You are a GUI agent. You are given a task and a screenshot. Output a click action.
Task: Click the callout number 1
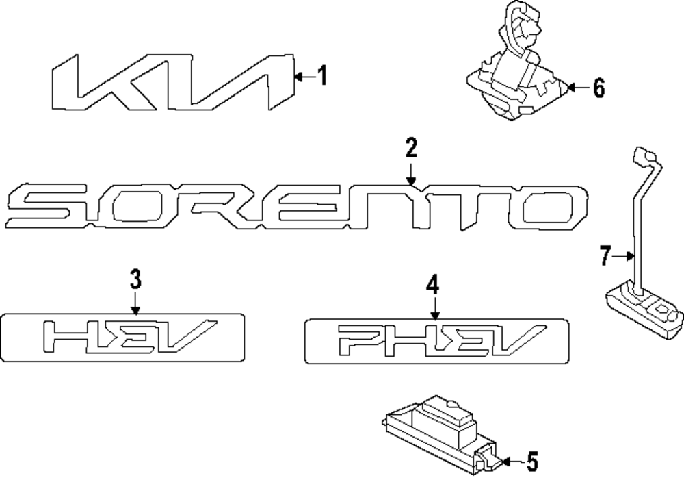click(x=321, y=76)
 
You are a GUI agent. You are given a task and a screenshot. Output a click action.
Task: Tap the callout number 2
click(x=410, y=147)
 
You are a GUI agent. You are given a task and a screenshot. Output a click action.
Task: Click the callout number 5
click(x=532, y=463)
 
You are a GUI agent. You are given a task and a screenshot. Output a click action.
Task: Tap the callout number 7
click(x=604, y=257)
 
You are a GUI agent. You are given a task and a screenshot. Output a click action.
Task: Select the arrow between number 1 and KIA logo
click(x=304, y=77)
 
